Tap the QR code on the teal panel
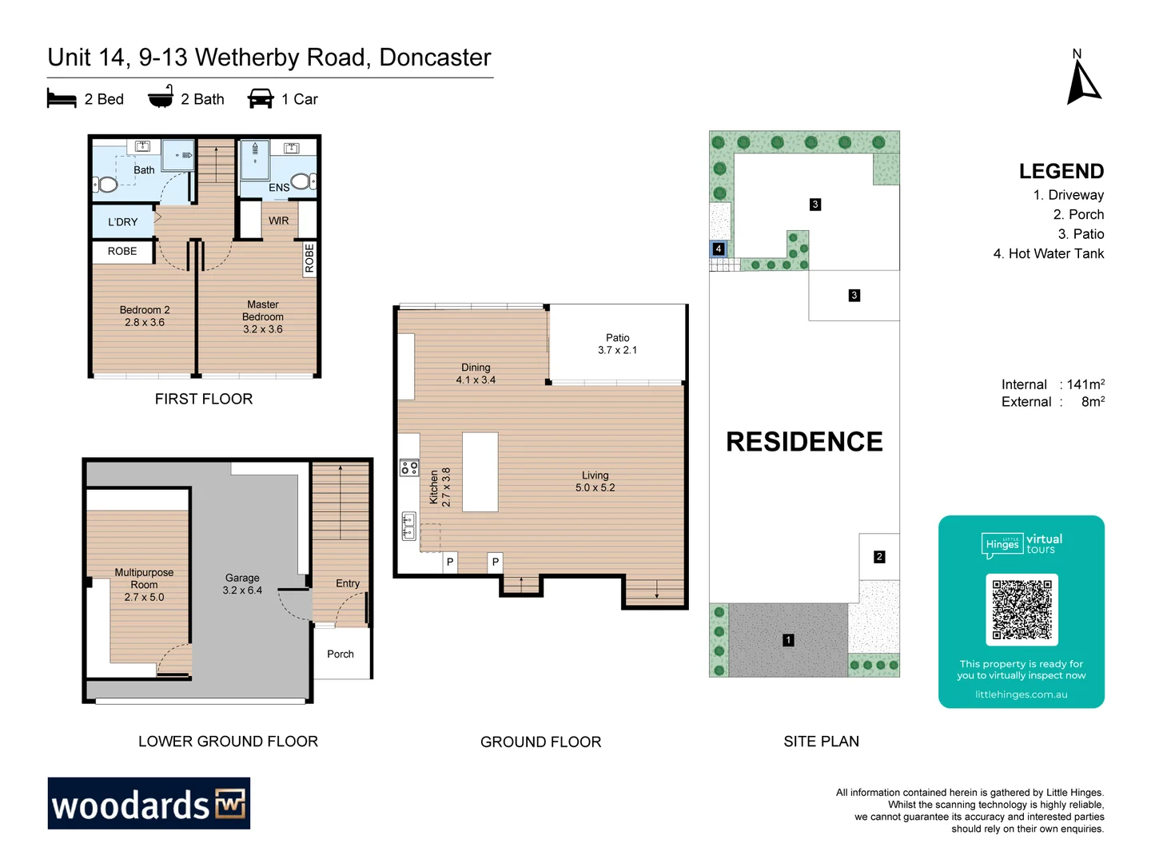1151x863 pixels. tap(1022, 609)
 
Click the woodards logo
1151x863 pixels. tap(149, 803)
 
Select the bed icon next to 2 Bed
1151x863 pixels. tap(62, 99)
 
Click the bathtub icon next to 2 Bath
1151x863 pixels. tap(161, 97)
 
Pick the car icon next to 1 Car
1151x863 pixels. tap(261, 99)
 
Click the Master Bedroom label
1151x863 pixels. tap(263, 316)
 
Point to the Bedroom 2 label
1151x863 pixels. tap(145, 316)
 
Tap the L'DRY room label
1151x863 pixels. tap(123, 222)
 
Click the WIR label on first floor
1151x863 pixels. tap(278, 221)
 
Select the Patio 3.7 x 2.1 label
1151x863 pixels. tap(617, 344)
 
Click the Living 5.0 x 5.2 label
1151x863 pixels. tap(595, 481)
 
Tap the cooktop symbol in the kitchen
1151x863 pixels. tap(409, 467)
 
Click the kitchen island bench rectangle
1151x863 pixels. tap(480, 471)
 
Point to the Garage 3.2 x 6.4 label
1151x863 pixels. tap(242, 584)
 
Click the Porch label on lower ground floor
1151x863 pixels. tap(341, 654)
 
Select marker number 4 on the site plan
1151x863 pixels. tap(719, 249)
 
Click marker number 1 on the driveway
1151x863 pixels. tap(788, 640)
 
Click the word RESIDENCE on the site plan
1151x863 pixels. tap(804, 442)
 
